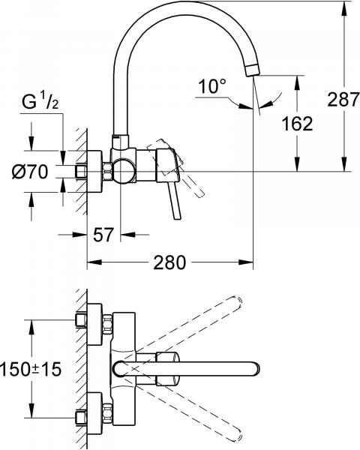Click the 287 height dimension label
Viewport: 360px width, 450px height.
click(343, 100)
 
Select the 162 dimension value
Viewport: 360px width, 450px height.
click(297, 124)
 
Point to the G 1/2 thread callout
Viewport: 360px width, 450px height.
click(40, 102)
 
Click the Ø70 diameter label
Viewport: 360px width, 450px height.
click(30, 172)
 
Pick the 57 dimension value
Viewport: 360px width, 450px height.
click(103, 235)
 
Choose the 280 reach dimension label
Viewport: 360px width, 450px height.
click(169, 262)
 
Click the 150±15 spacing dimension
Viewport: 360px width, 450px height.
click(31, 369)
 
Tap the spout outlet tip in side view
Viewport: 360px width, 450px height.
click(252, 71)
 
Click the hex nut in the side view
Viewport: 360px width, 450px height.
click(107, 172)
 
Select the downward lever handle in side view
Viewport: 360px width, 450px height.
click(175, 202)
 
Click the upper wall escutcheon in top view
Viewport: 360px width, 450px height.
click(94, 324)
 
